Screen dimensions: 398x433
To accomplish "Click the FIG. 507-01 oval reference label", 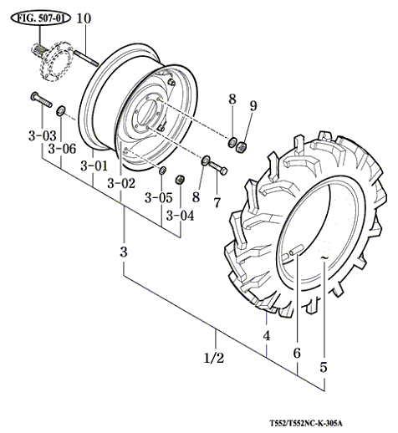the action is (x=41, y=18).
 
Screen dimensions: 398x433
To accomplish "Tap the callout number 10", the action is (x=84, y=18).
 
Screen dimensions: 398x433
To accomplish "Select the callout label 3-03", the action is (x=43, y=135).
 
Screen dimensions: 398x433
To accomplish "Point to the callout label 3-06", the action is (x=62, y=149).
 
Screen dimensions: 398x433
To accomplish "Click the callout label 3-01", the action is (x=94, y=166).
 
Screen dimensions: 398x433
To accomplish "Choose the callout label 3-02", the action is (x=121, y=183).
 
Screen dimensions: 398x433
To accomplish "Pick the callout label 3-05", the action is (x=159, y=198).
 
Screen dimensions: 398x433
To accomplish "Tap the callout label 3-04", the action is (x=180, y=216).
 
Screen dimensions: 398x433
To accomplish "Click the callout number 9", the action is (x=253, y=105).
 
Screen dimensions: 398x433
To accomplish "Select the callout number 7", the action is (x=217, y=202).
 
